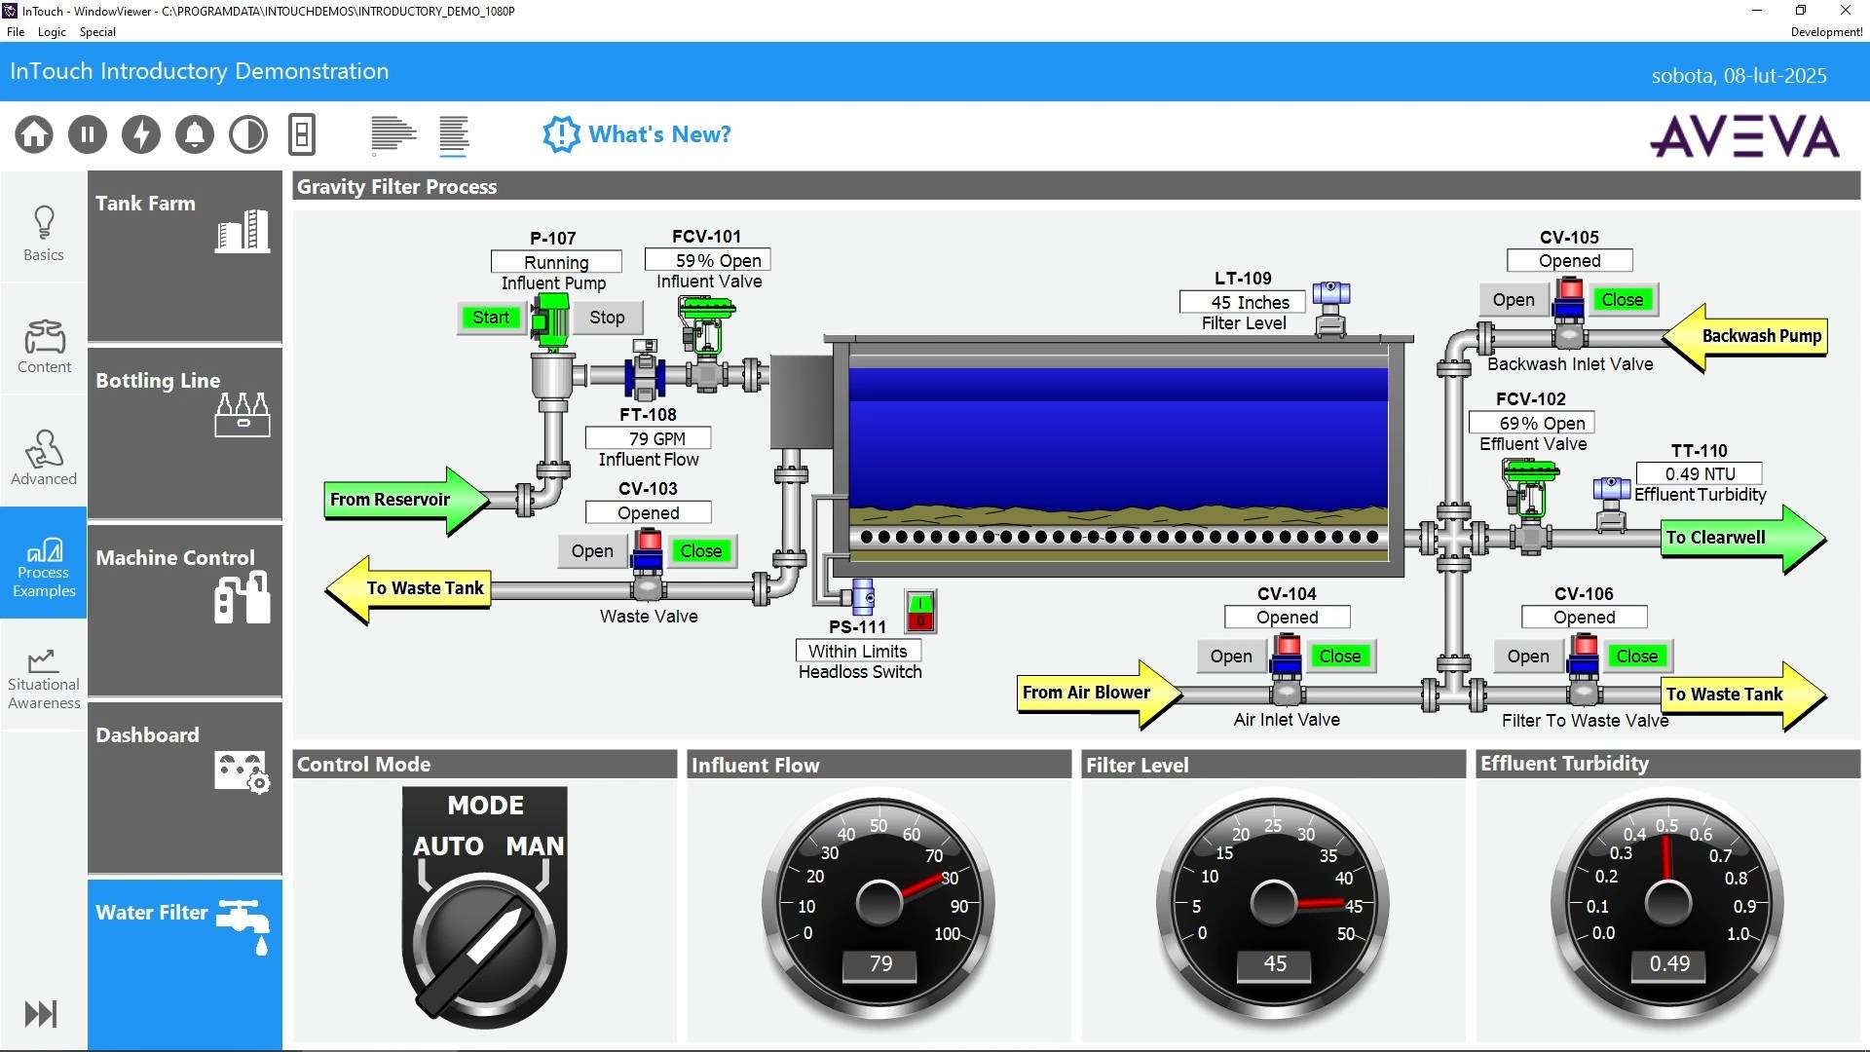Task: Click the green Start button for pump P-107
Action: (x=491, y=318)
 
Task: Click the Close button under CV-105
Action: (x=1622, y=300)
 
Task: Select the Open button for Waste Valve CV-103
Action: (x=592, y=551)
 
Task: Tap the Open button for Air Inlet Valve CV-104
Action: (x=1231, y=657)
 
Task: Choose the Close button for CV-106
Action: (x=1636, y=657)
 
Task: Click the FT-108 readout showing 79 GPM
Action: (x=648, y=438)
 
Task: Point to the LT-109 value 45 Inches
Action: (x=1243, y=302)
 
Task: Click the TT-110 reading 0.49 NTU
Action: (x=1700, y=473)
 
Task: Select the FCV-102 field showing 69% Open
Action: (x=1532, y=423)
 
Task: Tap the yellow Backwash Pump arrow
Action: (x=1744, y=337)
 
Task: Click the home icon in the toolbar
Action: (x=34, y=134)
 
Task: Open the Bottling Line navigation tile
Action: (x=185, y=432)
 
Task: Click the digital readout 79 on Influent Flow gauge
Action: (x=880, y=964)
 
